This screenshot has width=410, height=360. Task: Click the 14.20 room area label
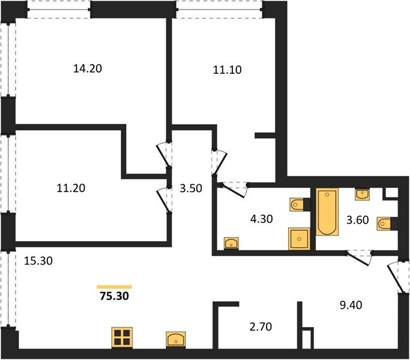[88, 68]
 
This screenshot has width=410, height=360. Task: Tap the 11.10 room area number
[228, 70]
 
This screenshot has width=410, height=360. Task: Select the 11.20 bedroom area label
[71, 188]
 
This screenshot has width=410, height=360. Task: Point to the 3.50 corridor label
[191, 188]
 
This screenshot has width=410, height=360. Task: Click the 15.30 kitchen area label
[38, 261]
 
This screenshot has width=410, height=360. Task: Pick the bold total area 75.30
[114, 296]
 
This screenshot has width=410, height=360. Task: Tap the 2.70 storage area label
[261, 327]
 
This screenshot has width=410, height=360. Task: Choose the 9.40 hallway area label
[351, 305]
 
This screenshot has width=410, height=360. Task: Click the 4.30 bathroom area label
[262, 219]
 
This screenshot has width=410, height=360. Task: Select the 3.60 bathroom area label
[357, 220]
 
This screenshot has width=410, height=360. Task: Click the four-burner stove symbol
[122, 338]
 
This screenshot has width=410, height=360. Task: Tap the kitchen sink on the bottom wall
[176, 340]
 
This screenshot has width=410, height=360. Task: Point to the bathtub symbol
[327, 212]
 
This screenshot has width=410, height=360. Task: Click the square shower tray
[299, 239]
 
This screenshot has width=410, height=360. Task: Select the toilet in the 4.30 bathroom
[298, 204]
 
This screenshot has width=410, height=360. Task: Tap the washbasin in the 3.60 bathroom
[362, 194]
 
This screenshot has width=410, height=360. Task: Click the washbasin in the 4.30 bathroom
[231, 243]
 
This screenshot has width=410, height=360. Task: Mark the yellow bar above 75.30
[114, 287]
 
